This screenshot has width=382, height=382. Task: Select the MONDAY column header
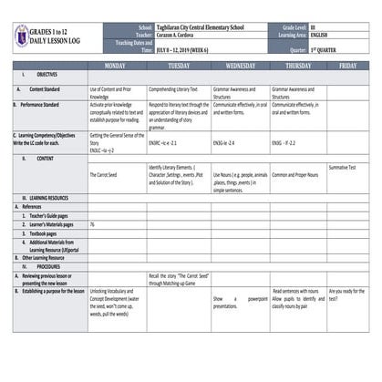(x=117, y=67)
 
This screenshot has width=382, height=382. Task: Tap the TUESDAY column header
(x=179, y=67)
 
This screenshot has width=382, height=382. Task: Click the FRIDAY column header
(x=347, y=67)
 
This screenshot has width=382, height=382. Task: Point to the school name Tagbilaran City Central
(x=200, y=27)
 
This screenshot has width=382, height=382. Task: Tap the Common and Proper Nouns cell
(x=296, y=173)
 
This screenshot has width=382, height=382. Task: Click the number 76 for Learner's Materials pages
(x=92, y=223)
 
